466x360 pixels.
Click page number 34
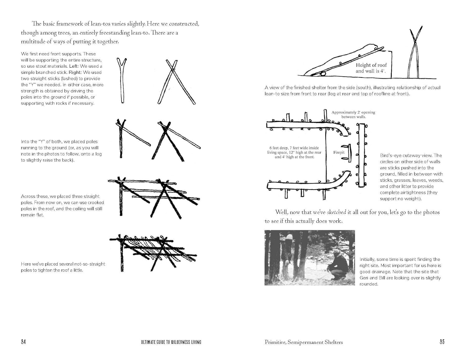point(23,342)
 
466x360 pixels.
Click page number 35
point(442,342)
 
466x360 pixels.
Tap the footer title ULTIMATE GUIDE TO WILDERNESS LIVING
point(171,342)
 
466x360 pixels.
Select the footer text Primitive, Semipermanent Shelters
point(304,342)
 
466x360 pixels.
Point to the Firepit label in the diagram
point(339,153)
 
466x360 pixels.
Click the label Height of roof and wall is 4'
point(371,68)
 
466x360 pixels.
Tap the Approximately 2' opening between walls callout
point(353,114)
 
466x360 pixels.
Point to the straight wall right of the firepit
point(361,155)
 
